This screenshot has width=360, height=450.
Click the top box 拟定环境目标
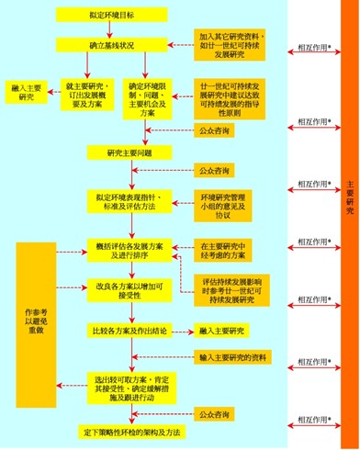pyautogui.click(x=112, y=16)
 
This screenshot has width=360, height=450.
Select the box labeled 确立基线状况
pyautogui.click(x=112, y=45)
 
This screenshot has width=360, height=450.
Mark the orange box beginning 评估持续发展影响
pyautogui.click(x=240, y=289)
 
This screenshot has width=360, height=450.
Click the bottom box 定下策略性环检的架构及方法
pyautogui.click(x=130, y=431)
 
